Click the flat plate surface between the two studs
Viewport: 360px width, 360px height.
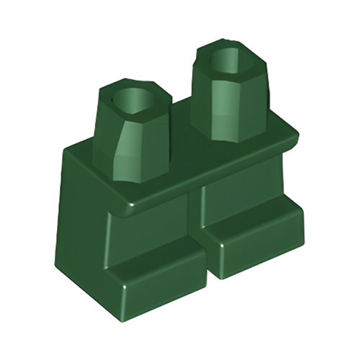[x=180, y=137]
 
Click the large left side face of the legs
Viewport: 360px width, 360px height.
[x=83, y=216]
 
